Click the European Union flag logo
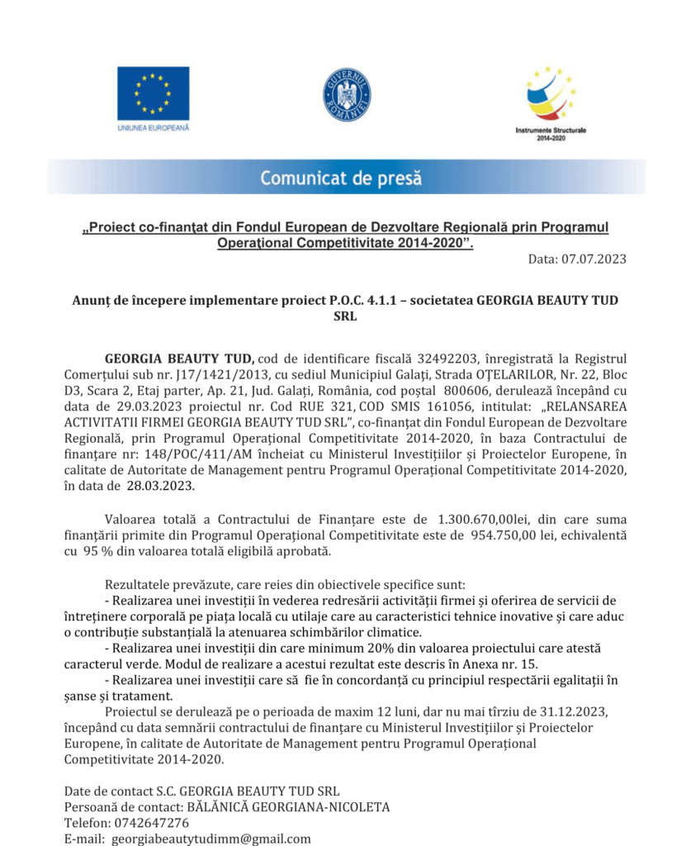click(x=153, y=93)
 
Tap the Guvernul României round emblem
click(x=347, y=95)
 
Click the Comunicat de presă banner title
click(x=341, y=178)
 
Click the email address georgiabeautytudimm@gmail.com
click(x=211, y=839)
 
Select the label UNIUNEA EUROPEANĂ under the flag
click(x=153, y=128)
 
